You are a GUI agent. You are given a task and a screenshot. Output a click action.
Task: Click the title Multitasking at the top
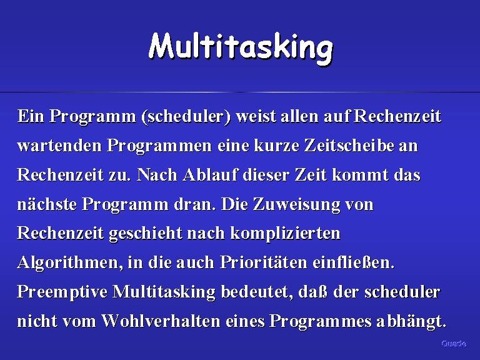241,48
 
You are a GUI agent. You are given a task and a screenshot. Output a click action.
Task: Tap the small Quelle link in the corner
454,344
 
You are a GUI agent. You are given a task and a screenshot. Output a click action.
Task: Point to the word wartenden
59,146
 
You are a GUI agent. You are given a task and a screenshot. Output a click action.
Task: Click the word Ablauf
210,175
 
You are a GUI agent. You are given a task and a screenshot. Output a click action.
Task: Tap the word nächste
47,204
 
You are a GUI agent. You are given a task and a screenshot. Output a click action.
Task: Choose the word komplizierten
285,234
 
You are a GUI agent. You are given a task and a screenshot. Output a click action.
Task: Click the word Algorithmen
70,263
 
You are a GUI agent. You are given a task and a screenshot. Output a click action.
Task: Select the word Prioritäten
263,262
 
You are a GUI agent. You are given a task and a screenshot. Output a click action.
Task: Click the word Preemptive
62,292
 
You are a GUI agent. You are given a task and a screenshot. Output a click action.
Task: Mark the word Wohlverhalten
161,321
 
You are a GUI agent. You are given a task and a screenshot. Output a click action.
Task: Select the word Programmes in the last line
321,322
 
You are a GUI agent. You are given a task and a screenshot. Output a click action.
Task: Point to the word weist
256,116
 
